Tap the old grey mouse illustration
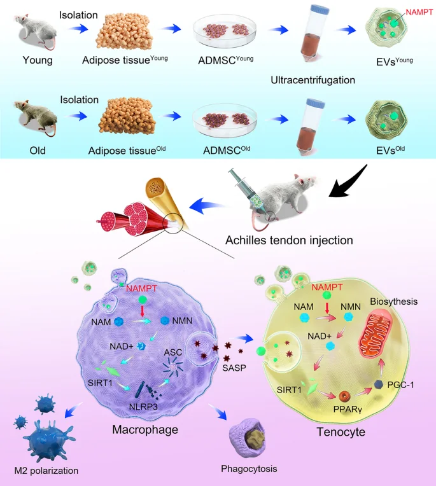(30, 118)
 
